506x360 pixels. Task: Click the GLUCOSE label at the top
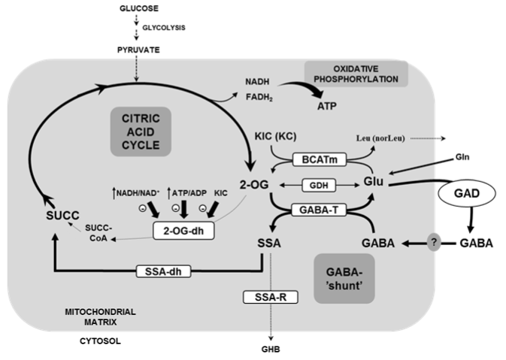click(x=138, y=10)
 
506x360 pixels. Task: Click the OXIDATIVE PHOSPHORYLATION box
click(x=356, y=73)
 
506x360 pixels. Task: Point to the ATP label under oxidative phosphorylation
click(x=326, y=106)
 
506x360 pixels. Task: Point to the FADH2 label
click(x=259, y=97)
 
